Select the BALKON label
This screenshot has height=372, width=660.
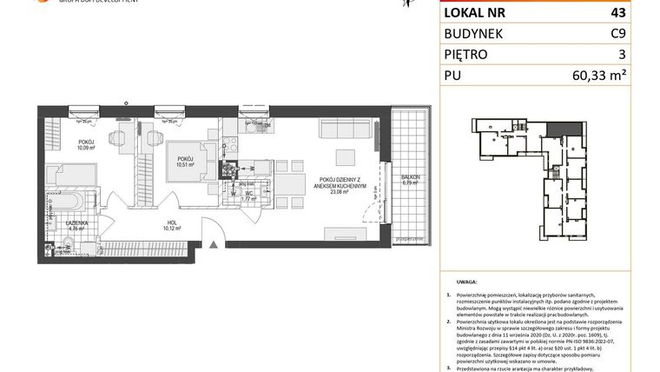coord(410,178)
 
